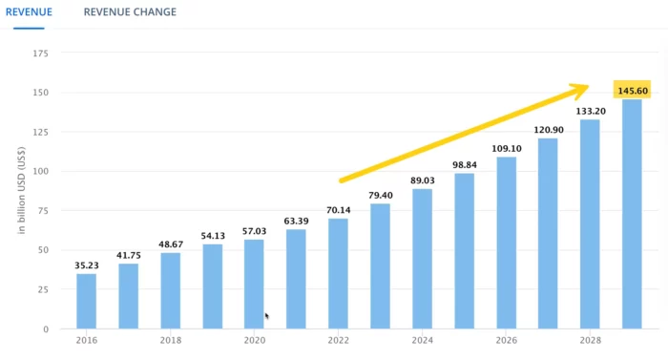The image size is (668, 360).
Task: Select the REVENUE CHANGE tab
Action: point(130,12)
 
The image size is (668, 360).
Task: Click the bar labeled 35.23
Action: point(86,301)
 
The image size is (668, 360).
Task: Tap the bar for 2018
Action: point(170,290)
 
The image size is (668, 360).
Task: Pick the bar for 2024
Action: point(422,259)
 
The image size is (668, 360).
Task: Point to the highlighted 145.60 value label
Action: point(632,91)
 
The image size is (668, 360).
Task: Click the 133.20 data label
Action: point(590,111)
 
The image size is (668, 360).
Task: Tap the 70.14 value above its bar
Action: point(338,210)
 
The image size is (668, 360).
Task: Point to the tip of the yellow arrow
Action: point(588,87)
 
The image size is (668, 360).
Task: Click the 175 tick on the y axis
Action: point(41,53)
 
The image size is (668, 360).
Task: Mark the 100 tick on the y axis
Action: point(41,172)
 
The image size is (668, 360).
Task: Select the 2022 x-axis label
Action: point(338,340)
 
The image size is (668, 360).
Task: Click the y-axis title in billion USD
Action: point(21,191)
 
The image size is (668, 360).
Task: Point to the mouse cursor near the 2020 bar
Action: point(267,315)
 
